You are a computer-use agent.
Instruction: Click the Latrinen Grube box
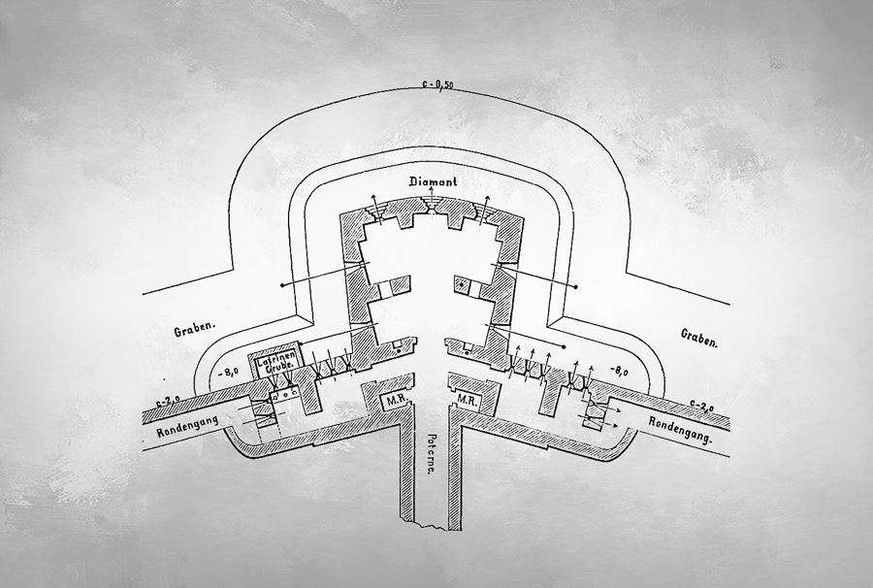tap(274, 366)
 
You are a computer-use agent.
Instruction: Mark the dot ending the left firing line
tap(281, 285)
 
